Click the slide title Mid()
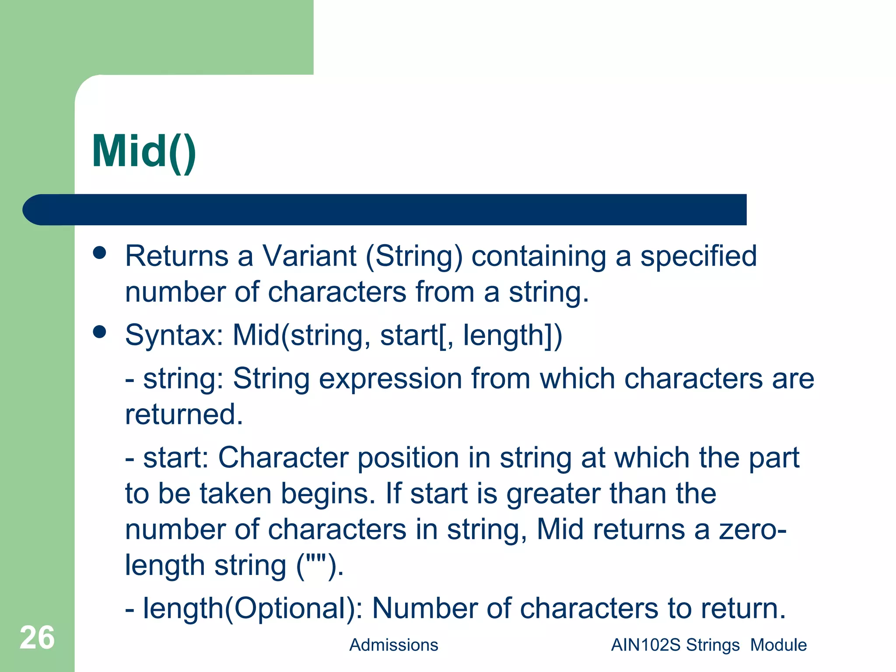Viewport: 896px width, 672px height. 144,152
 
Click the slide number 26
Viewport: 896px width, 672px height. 37,637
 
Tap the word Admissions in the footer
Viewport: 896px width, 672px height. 393,645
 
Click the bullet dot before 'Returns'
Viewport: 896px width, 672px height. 100,253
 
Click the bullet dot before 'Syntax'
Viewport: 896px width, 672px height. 100,332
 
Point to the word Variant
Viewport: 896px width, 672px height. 309,256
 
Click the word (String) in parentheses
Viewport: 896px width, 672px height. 414,257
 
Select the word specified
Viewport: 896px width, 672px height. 698,257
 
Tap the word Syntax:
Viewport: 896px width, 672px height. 174,336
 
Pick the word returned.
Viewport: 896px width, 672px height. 184,414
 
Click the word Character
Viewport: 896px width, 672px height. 283,458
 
